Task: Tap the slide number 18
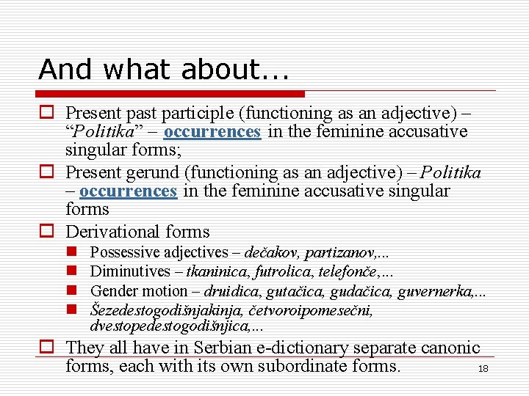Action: tap(483, 369)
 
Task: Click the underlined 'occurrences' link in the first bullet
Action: tap(212, 132)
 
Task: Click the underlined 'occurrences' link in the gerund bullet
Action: tap(128, 191)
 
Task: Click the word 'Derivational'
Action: tap(111, 232)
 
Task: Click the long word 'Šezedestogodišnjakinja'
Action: tap(170, 310)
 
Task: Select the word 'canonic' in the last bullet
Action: tap(450, 348)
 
